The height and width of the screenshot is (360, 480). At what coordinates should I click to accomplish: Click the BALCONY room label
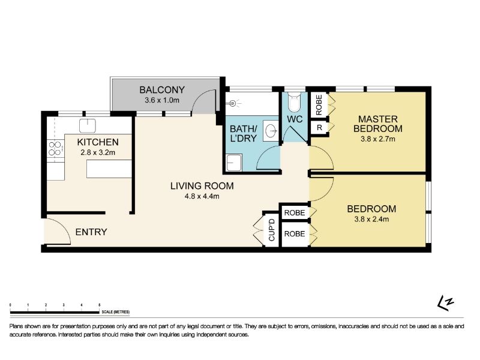162,89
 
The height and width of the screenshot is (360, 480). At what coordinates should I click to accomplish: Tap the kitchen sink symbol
88,125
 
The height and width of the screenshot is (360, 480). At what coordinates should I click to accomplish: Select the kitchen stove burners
55,148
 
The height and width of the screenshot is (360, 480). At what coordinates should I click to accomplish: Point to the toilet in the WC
295,102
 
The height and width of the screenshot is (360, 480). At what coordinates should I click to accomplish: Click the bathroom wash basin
271,131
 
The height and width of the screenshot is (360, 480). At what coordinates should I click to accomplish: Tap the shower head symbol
233,103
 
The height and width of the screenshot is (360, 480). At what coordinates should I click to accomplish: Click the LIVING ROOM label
202,186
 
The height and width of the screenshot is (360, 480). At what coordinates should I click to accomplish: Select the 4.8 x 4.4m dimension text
202,196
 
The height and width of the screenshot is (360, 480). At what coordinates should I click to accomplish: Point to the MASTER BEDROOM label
378,124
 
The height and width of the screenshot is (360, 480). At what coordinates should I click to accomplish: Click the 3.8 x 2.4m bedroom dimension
371,219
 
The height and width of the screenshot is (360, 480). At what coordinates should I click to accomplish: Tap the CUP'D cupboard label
272,230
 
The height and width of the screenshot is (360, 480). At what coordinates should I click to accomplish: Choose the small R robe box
319,127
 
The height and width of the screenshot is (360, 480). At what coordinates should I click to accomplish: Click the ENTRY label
91,232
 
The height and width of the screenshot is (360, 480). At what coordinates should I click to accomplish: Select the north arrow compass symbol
445,303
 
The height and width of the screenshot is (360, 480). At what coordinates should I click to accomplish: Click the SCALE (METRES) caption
116,312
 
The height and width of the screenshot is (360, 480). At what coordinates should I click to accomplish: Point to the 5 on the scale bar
99,305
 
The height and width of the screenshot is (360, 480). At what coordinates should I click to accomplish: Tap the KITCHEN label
98,142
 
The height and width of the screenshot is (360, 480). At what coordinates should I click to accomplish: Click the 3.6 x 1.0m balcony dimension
162,100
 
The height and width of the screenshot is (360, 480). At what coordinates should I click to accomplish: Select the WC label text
295,119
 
